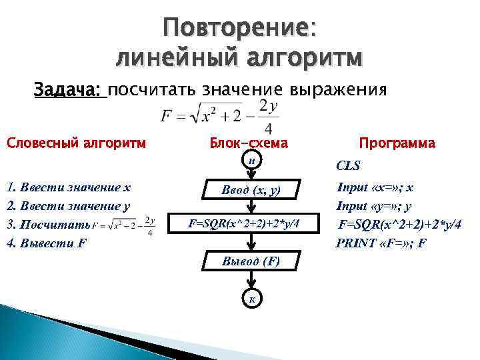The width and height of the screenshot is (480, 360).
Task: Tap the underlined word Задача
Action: click(70, 89)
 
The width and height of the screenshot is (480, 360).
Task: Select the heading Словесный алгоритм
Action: click(77, 143)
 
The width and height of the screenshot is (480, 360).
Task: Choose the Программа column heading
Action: click(397, 143)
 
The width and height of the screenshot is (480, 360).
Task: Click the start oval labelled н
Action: click(251, 161)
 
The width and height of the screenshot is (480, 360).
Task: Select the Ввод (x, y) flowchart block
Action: click(251, 191)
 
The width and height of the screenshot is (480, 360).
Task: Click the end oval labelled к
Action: click(251, 297)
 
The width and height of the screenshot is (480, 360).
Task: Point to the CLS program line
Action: click(349, 165)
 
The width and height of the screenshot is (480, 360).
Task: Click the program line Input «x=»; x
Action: click(375, 187)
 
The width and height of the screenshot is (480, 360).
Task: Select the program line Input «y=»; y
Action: click(374, 206)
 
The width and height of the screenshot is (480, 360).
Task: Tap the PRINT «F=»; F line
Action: click(381, 243)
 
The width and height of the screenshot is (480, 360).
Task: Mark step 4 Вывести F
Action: click(46, 243)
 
